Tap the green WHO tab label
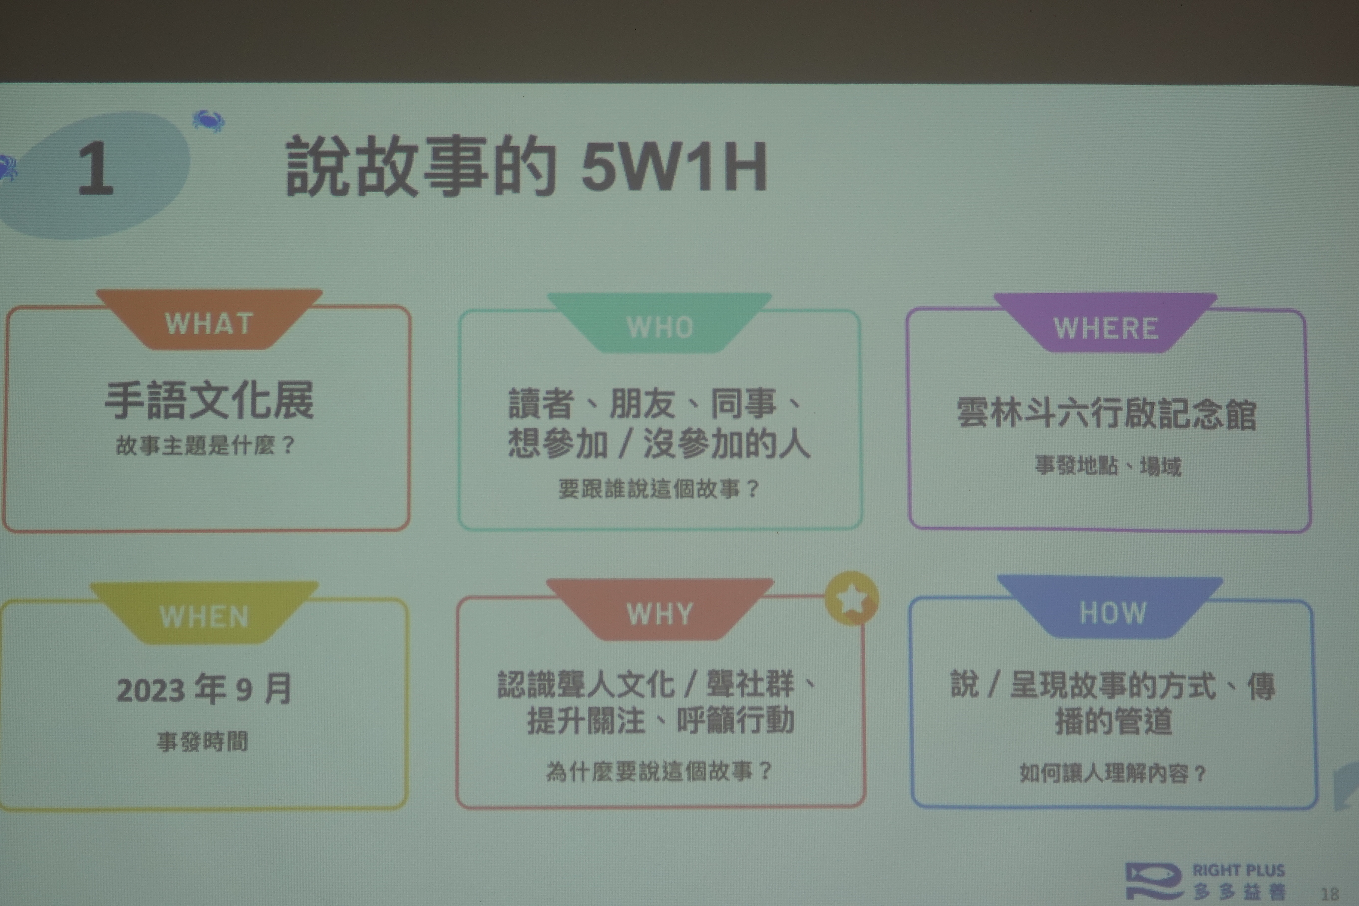(660, 328)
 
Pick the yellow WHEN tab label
(204, 616)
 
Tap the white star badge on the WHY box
(851, 599)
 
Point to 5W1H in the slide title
(674, 166)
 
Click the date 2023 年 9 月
(204, 689)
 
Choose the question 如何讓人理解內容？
(1113, 773)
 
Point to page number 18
(1330, 894)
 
